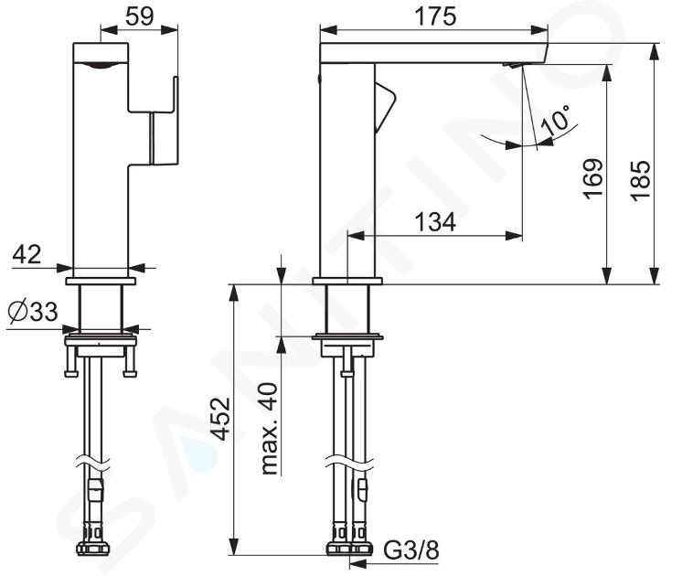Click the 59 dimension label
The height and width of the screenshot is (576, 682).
[139, 16]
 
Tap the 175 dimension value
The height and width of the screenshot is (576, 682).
[434, 17]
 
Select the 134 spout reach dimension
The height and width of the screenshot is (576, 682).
[435, 222]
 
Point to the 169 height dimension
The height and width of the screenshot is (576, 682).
[592, 179]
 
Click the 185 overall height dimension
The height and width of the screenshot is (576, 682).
[641, 180]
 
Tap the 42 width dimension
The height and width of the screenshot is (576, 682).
[27, 254]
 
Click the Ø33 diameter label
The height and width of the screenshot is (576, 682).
[33, 311]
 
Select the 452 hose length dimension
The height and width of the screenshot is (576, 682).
[220, 419]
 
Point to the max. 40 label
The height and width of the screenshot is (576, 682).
[270, 429]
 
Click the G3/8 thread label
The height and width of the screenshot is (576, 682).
[411, 550]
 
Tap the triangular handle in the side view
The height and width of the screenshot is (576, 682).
[385, 107]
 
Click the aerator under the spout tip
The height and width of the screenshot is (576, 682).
[512, 65]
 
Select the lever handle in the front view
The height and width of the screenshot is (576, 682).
[164, 121]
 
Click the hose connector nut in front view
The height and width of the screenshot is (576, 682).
[93, 548]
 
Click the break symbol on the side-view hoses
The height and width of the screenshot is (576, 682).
[350, 462]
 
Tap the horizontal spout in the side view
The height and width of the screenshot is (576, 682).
[433, 53]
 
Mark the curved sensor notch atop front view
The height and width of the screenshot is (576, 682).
[101, 65]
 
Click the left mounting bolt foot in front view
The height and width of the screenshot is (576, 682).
[71, 372]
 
